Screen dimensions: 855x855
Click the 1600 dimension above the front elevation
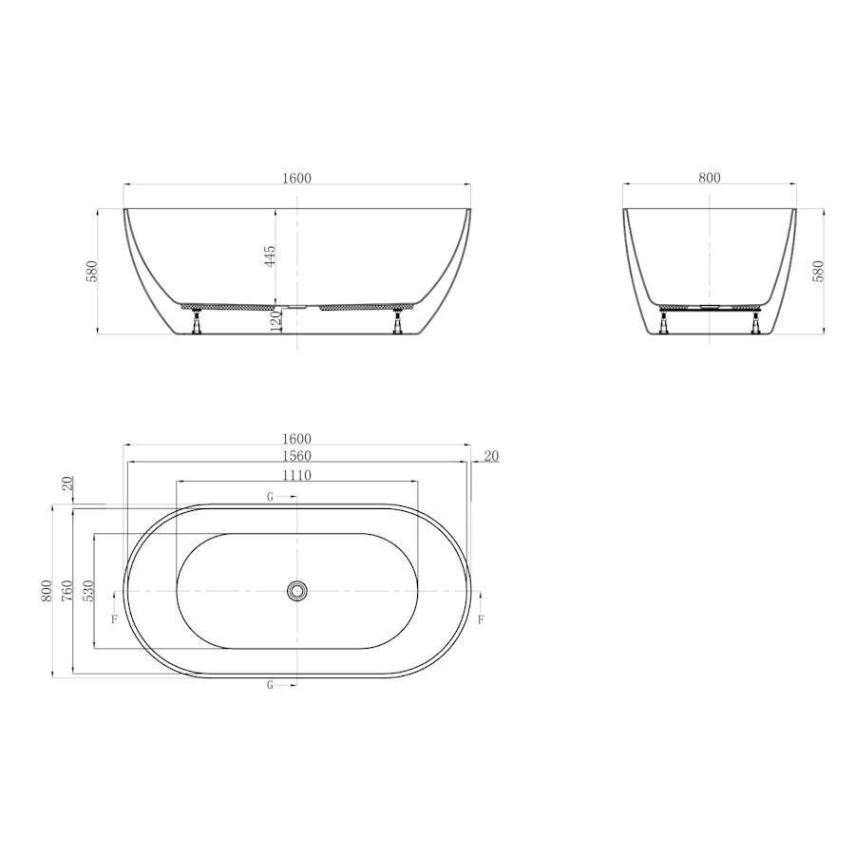[x=296, y=178]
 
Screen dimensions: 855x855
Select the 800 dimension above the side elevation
[x=710, y=178]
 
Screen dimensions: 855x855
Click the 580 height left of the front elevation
[x=92, y=271]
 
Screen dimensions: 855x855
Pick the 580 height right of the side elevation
[x=818, y=271]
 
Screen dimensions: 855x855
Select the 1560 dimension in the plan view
[x=296, y=456]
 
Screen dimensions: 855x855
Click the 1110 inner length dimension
[x=296, y=474]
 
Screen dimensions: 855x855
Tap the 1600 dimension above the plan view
[x=296, y=438]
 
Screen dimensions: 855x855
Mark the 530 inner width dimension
[x=87, y=591]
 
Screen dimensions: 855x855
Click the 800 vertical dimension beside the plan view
[x=46, y=591]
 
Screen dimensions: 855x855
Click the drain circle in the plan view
[x=297, y=591]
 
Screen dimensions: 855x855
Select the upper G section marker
[x=271, y=497]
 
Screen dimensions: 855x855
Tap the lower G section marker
[x=271, y=685]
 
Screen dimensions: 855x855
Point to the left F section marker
[x=114, y=619]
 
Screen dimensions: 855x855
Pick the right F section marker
[x=481, y=619]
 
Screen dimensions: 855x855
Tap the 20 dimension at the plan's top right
[x=491, y=456]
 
